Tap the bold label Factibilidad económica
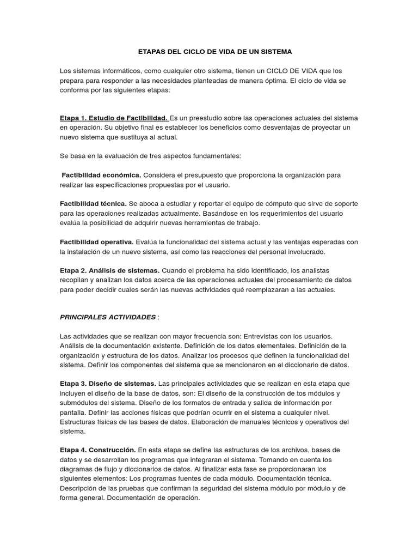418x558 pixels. point(101,175)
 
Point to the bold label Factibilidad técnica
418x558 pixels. point(93,203)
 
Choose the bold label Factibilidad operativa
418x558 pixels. point(96,241)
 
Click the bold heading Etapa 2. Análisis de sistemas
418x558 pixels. point(109,270)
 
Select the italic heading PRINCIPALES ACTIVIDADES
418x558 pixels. point(107,317)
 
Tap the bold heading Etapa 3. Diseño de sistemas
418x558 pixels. point(108,384)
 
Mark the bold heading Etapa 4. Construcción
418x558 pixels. point(97,450)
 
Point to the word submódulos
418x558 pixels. point(79,403)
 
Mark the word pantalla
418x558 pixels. point(73,413)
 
